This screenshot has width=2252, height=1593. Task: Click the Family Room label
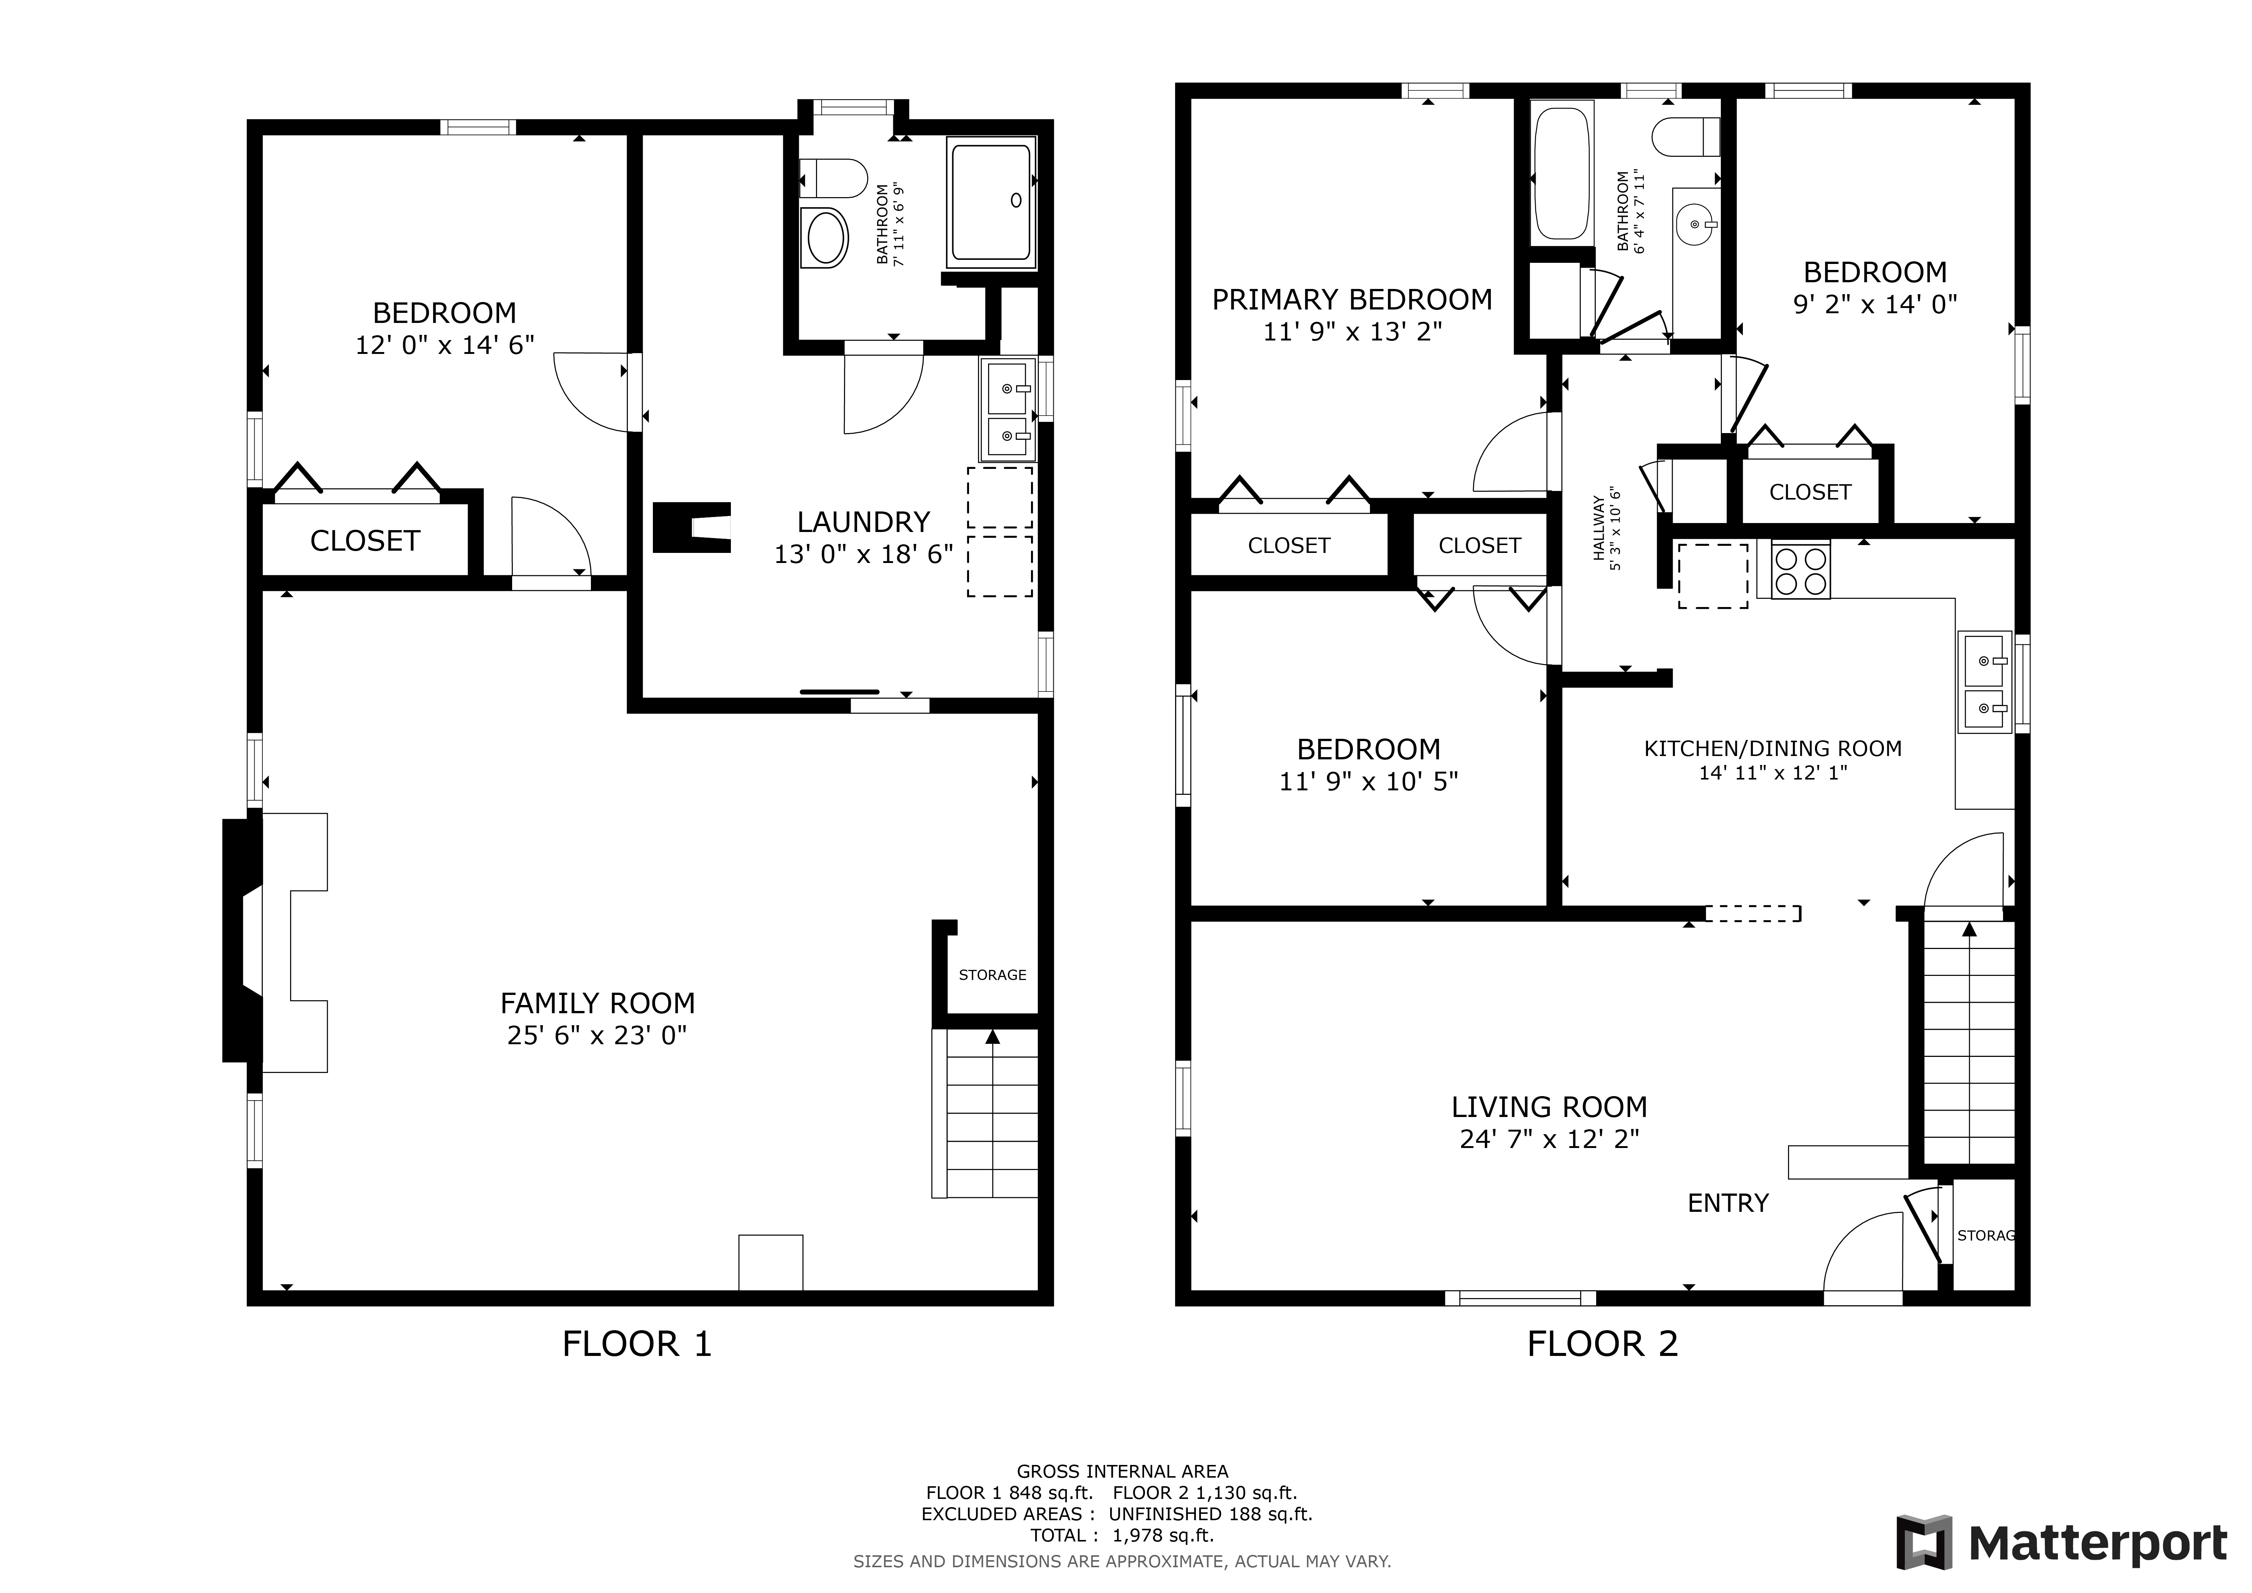point(597,1004)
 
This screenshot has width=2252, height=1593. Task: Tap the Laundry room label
point(863,522)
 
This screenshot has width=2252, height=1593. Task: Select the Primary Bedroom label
point(1352,299)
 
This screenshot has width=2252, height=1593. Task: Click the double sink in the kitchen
point(1985,682)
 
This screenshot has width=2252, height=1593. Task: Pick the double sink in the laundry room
point(1007,410)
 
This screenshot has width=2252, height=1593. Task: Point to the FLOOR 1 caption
point(636,1344)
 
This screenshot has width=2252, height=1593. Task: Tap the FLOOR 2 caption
point(1603,1344)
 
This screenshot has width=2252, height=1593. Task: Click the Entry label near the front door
point(1728,1204)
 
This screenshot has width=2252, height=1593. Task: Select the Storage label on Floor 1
point(993,975)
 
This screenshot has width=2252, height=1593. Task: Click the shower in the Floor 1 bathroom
point(991,202)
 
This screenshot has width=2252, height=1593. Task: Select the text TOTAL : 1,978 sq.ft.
point(1122,1535)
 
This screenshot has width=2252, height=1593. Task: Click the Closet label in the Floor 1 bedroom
point(365,541)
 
